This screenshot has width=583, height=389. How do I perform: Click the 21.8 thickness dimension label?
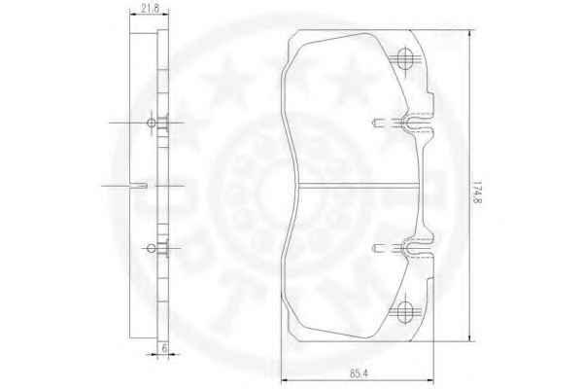click(x=151, y=8)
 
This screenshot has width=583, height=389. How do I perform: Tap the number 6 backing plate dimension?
click(x=165, y=348)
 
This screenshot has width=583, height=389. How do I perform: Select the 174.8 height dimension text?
click(x=477, y=193)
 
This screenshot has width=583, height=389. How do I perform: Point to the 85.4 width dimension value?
click(x=359, y=373)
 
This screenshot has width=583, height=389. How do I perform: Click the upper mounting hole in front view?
click(x=405, y=58)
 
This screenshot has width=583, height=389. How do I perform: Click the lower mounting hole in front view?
click(x=405, y=311)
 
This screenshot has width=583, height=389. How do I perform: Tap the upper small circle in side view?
click(x=151, y=123)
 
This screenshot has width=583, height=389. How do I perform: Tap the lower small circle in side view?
click(x=151, y=248)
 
